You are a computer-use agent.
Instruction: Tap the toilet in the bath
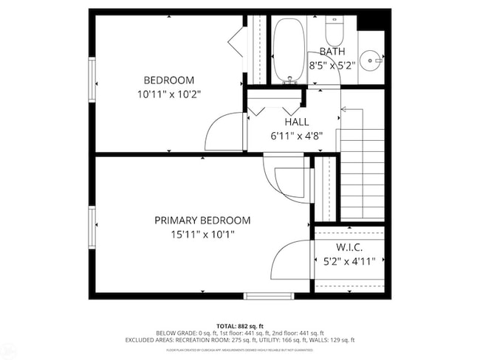[335, 31]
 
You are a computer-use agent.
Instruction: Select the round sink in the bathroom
[371, 58]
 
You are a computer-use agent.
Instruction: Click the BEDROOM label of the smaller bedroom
[168, 80]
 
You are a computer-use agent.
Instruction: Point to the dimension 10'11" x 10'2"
[168, 94]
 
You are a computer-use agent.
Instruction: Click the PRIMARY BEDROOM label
[202, 221]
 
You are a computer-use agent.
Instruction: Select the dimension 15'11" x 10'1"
[202, 235]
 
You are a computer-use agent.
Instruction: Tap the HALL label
[296, 122]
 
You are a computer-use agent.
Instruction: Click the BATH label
[332, 51]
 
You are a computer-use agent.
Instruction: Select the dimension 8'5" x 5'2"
[332, 65]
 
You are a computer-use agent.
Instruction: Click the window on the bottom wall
[269, 296]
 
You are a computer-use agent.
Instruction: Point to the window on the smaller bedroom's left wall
[92, 80]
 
